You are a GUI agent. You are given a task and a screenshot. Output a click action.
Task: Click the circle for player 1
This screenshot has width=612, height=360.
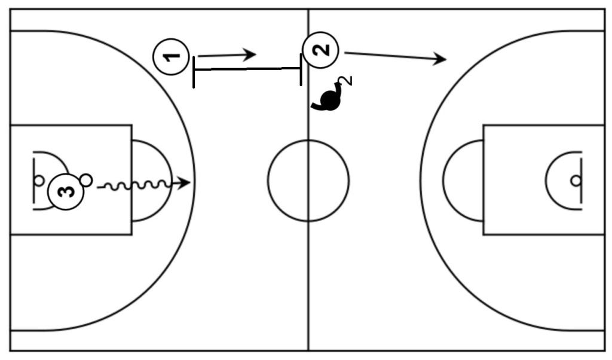172,57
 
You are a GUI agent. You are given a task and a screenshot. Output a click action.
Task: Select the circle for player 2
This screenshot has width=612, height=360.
321,50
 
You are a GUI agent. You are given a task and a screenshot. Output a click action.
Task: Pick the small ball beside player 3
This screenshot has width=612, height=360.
86,179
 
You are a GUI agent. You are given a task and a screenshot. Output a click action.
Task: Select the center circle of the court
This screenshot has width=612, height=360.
308,180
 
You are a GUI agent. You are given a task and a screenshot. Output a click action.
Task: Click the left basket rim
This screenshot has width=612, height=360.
39,179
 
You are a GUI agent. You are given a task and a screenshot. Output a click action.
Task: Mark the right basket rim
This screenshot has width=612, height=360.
575,180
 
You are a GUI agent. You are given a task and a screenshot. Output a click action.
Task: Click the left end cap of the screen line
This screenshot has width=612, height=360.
194,71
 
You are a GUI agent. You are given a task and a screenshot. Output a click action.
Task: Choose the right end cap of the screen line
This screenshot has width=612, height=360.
301,69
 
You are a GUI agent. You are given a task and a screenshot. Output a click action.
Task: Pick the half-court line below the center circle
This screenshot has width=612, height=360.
308,281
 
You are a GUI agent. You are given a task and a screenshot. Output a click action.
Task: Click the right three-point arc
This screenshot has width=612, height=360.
422,180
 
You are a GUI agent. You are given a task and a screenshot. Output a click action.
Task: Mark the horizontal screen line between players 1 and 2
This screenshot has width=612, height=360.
247,69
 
